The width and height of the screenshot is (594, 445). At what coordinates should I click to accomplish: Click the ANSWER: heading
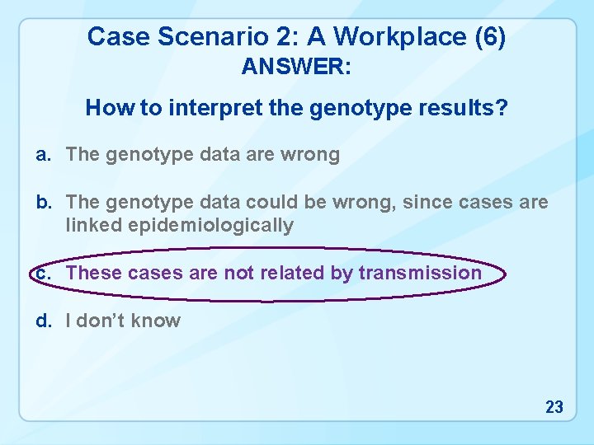pos(296,68)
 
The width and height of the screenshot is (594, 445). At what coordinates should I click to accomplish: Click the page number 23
pos(554,406)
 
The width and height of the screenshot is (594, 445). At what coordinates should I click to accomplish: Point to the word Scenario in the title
pos(193,36)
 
